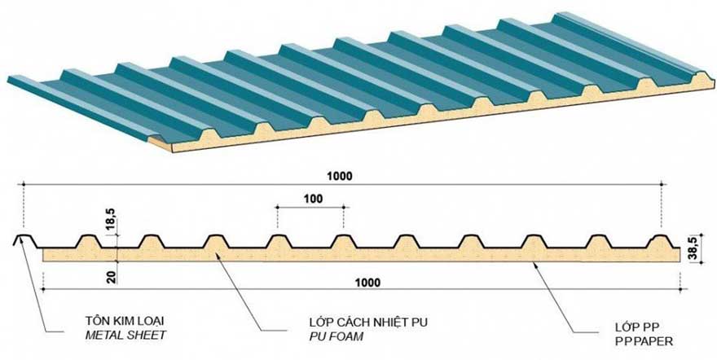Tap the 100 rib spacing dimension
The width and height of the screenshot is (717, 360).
(x=310, y=198)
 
